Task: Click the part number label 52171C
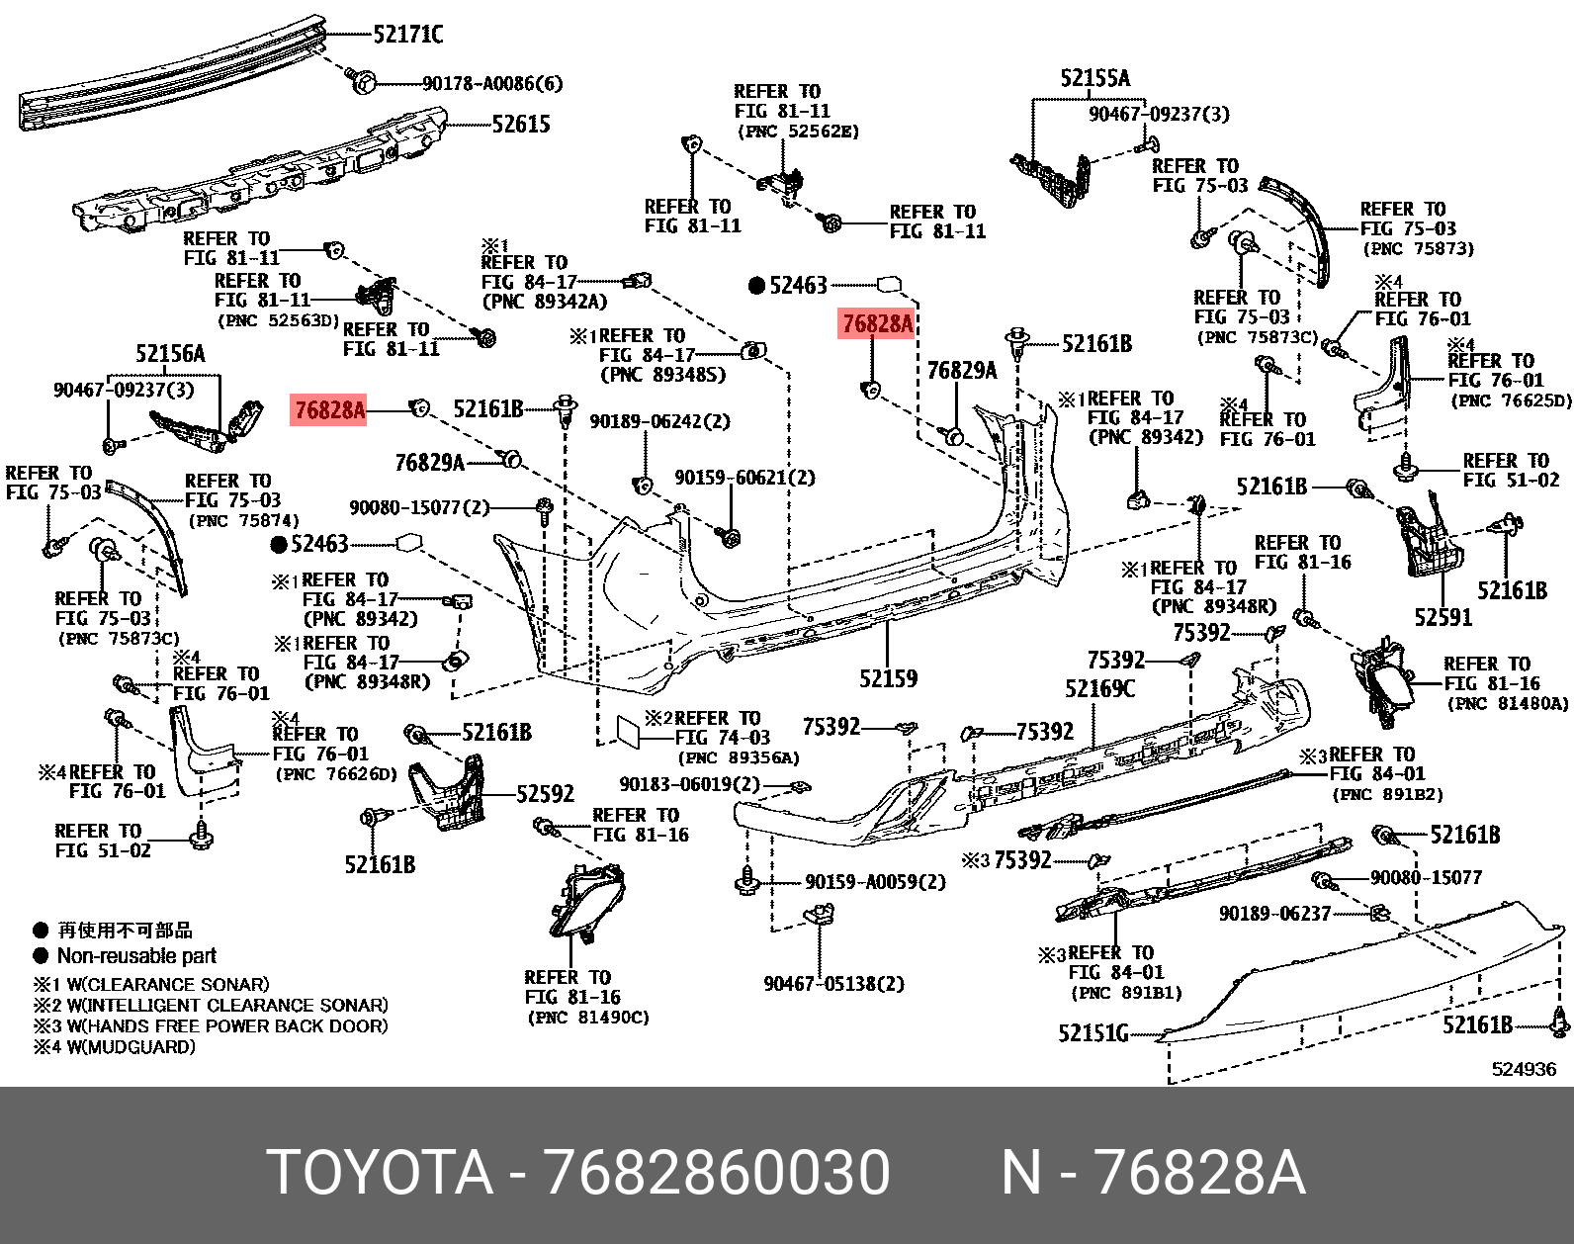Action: [407, 35]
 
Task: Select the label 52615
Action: [521, 125]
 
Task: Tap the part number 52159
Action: [888, 678]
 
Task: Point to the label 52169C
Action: [1099, 688]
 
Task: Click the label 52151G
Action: [1093, 1033]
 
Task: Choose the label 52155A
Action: [1094, 78]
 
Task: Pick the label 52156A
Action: [170, 354]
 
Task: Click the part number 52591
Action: [1443, 618]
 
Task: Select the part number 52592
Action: [545, 794]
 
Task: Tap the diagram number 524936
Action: [1524, 1069]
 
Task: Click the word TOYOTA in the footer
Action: [380, 1173]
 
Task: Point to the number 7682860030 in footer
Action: [717, 1173]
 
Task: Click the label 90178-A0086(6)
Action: [492, 84]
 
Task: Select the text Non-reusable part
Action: [136, 956]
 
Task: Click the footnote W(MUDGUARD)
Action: [131, 1047]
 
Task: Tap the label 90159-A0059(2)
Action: [875, 882]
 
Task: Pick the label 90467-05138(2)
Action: [833, 984]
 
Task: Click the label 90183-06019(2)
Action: [689, 784]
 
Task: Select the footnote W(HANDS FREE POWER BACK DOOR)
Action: [226, 1026]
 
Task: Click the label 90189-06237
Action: [1274, 914]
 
